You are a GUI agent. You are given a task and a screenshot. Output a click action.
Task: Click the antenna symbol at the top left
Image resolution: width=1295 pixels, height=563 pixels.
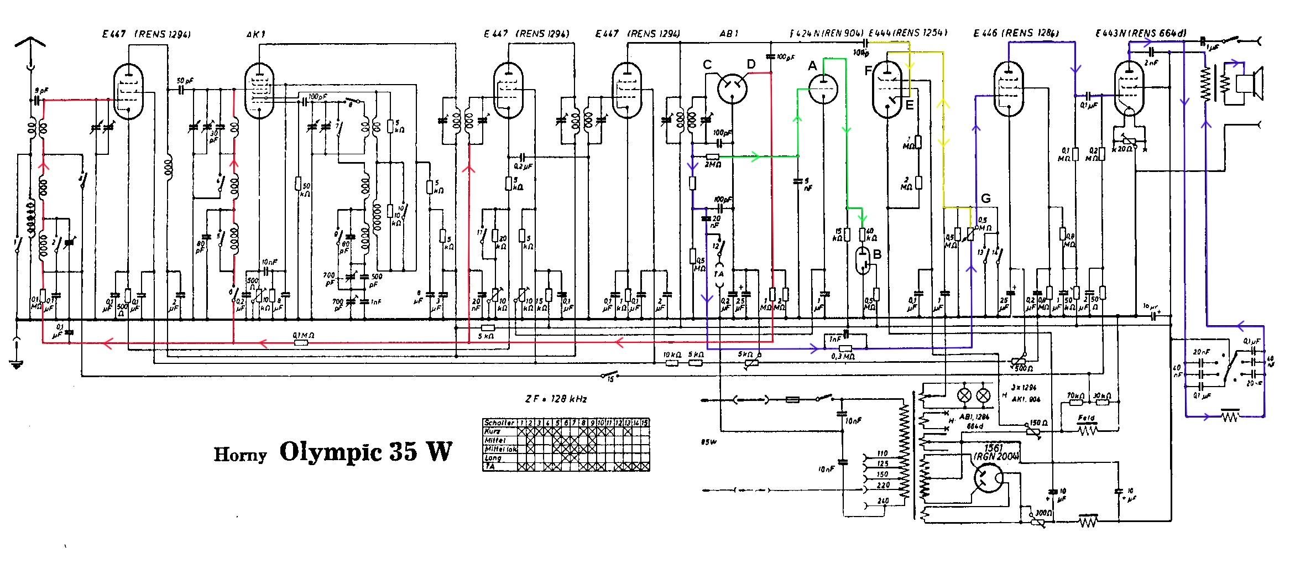click(30, 44)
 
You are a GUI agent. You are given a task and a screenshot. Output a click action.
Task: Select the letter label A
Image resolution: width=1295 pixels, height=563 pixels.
click(812, 66)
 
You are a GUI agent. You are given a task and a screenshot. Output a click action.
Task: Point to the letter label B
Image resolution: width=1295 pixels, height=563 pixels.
click(877, 254)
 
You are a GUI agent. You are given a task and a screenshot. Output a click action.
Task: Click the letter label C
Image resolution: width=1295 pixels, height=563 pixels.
click(707, 65)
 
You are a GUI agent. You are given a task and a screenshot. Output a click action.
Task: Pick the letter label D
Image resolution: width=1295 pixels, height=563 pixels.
click(751, 65)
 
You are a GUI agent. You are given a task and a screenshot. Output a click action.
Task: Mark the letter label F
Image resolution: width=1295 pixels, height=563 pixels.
click(868, 71)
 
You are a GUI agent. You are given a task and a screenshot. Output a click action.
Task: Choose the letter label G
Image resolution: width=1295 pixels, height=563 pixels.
click(986, 199)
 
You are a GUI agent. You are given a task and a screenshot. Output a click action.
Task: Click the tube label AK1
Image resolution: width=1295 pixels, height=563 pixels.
click(256, 34)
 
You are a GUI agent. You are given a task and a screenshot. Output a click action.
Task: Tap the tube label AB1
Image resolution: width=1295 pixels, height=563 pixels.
click(729, 34)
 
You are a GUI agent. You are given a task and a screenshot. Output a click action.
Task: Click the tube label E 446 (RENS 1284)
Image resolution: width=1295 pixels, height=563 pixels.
click(1016, 33)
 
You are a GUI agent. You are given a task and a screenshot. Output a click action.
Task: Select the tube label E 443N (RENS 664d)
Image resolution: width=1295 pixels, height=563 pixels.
click(1140, 33)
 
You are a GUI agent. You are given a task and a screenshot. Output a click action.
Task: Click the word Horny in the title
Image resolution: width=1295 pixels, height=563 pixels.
click(240, 455)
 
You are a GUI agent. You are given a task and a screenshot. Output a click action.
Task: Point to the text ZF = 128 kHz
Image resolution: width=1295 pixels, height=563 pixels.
click(556, 399)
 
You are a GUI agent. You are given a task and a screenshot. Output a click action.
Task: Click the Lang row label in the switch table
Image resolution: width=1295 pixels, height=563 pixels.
click(493, 458)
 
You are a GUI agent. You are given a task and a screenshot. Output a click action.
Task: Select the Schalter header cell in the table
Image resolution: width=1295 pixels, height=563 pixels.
click(499, 423)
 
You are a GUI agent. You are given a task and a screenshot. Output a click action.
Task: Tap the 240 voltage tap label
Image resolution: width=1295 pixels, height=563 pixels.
click(883, 501)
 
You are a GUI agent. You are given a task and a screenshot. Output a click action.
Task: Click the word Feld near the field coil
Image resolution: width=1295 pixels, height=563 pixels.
click(1086, 418)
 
